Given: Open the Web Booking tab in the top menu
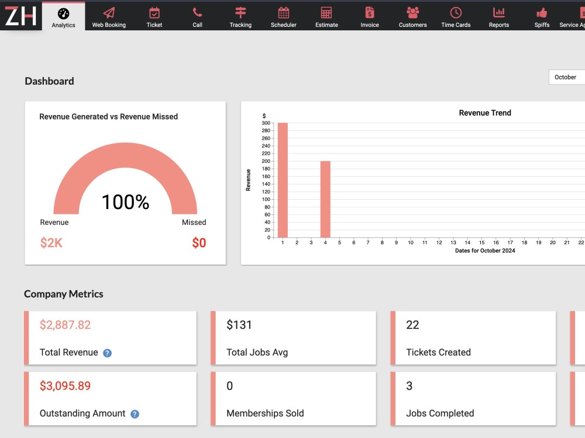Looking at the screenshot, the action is click(109, 17).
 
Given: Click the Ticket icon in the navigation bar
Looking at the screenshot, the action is click(154, 13).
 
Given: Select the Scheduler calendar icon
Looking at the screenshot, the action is click(284, 13).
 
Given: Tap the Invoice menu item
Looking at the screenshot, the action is click(369, 17).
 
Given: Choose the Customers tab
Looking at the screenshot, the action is click(412, 17).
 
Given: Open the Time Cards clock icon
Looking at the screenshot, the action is click(456, 13).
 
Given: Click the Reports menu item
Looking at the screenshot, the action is click(499, 17).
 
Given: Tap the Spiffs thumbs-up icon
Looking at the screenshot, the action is click(542, 13).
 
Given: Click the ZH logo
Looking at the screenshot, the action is click(20, 16).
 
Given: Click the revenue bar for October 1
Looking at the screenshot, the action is click(283, 180).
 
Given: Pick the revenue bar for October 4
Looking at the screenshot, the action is click(325, 199).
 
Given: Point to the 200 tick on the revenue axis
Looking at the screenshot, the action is click(266, 161).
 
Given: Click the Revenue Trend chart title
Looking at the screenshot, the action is click(485, 113).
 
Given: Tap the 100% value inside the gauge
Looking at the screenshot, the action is click(125, 202).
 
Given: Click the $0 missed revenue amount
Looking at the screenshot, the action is click(199, 243).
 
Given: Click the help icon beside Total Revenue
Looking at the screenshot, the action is click(107, 353).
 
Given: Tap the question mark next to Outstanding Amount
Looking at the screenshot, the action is click(135, 414).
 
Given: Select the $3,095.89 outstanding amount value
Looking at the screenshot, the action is click(66, 386).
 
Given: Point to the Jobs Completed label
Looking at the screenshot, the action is click(440, 413).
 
